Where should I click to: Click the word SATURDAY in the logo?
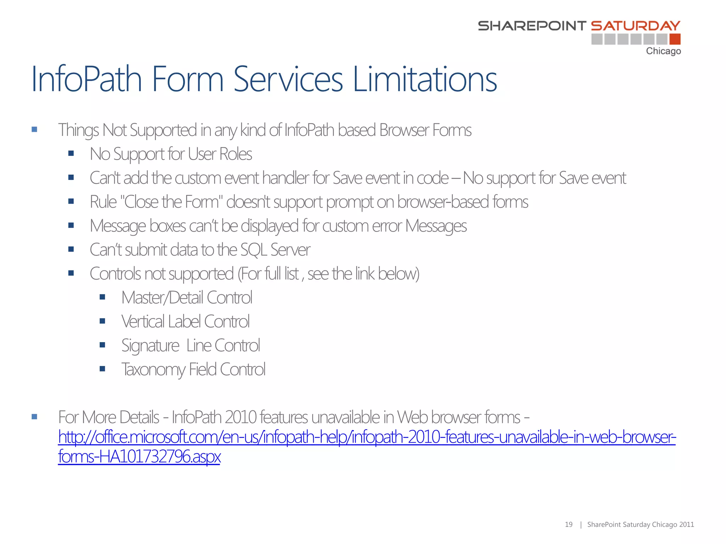coord(636,25)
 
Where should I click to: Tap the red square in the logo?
coord(675,39)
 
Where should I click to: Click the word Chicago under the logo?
coord(663,51)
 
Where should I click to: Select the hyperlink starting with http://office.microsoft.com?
coord(367,437)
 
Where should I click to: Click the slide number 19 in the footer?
coord(569,525)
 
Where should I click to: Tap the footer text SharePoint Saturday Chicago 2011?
coord(640,525)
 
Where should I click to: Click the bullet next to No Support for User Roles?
coord(71,154)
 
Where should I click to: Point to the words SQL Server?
coord(275,250)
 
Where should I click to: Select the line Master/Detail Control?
coord(186,297)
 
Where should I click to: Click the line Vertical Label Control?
coord(185,322)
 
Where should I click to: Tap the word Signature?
coord(150,346)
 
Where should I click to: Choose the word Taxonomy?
coord(153,370)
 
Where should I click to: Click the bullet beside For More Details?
coord(34,417)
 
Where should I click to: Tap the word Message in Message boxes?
coord(118,226)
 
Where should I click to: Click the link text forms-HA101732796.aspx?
coord(139,456)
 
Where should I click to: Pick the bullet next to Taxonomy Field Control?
coord(102,369)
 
